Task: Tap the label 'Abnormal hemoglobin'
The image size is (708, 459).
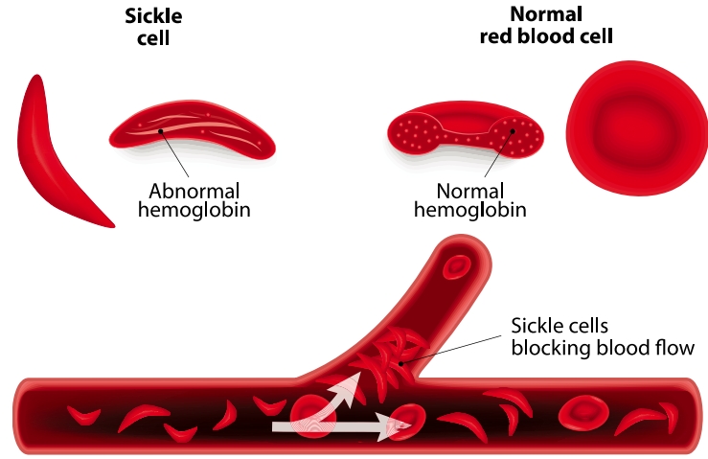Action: [x=194, y=199]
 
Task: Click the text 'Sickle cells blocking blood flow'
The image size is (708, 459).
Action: [x=602, y=336]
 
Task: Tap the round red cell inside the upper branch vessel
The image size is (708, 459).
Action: [x=458, y=267]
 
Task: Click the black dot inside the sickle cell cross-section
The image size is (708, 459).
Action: [x=161, y=131]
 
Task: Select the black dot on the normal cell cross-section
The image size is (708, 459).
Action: [x=514, y=131]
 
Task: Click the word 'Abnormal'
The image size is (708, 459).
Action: [x=194, y=190]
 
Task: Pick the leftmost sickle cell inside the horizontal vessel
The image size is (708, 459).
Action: [x=83, y=415]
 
